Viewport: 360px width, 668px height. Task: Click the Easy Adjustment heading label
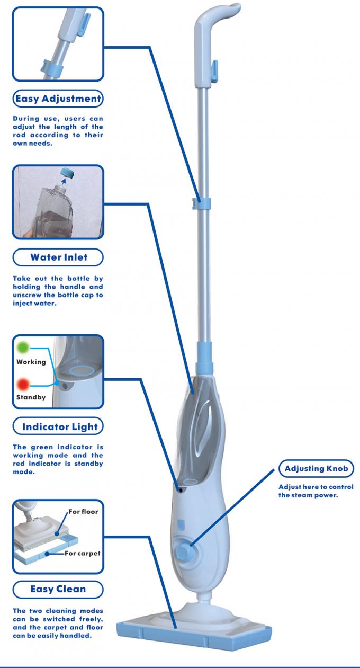click(58, 99)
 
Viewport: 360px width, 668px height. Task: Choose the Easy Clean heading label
click(58, 589)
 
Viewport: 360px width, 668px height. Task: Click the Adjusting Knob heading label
click(316, 469)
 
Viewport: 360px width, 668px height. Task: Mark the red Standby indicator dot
click(23, 384)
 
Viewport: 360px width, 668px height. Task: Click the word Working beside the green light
click(31, 362)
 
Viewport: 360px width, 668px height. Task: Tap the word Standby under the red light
click(31, 397)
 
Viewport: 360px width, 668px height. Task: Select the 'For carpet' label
click(82, 554)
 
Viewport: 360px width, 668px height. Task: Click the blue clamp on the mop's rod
click(202, 202)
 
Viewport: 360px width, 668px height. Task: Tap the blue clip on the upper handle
click(214, 67)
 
